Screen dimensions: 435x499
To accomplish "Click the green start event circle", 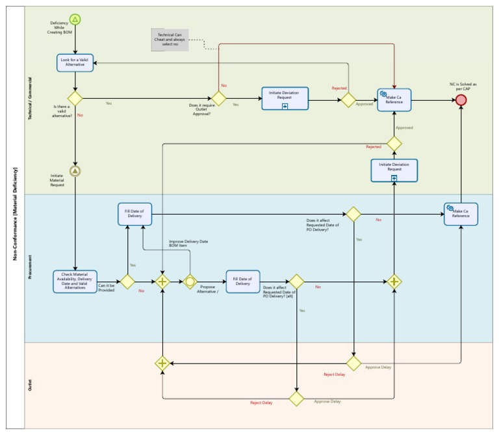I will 75,20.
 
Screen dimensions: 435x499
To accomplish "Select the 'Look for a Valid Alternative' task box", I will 75,62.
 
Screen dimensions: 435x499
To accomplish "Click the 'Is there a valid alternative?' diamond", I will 75,99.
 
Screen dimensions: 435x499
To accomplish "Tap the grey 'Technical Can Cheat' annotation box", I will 170,39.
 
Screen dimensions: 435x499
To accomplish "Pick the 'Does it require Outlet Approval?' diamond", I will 218,99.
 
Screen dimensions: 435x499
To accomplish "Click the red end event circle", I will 461,99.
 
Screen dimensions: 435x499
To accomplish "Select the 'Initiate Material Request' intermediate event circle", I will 75,171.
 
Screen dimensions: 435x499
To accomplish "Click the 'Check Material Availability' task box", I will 75,282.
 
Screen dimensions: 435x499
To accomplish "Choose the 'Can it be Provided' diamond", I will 127,282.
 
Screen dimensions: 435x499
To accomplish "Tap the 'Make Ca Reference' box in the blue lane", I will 461,214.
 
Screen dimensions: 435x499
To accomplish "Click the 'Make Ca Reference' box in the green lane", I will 394,99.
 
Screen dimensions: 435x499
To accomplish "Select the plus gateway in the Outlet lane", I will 162,363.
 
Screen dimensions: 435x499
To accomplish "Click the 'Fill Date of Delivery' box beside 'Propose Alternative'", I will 242,282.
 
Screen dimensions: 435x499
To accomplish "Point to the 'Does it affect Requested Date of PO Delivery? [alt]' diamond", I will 296,282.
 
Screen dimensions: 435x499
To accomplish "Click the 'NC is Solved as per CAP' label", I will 463,86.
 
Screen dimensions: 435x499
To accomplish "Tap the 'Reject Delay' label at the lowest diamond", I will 261,402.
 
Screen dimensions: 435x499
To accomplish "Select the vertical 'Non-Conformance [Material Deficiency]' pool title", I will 14,214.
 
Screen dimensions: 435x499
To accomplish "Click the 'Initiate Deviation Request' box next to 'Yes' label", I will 285,99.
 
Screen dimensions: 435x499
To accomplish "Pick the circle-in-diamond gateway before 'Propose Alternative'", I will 190,282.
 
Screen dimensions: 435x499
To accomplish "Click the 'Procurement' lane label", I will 30,269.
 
